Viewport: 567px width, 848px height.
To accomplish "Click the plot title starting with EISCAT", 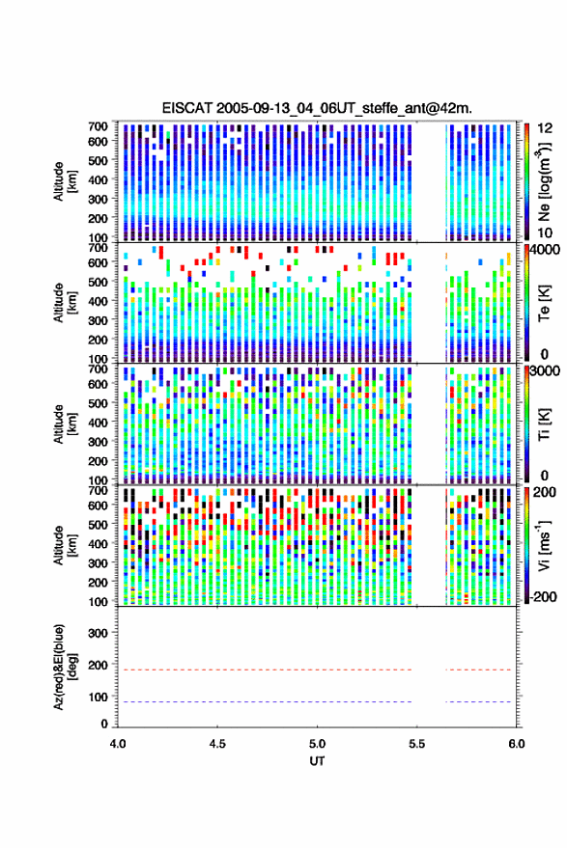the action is (317, 108).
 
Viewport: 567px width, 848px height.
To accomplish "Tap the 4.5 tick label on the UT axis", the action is (217, 744).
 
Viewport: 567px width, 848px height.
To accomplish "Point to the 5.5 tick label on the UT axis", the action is (417, 744).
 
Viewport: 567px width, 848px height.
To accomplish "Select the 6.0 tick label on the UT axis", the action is (517, 744).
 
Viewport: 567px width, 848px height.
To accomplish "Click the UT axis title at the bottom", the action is (317, 761).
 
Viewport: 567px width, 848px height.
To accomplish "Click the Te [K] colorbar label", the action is (544, 303).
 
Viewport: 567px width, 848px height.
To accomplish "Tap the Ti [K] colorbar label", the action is (544, 424).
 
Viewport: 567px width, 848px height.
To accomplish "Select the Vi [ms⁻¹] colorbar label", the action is (544, 545).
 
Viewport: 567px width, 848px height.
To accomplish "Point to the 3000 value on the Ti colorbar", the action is (544, 370).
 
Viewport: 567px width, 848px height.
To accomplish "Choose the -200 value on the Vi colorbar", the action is (542, 596).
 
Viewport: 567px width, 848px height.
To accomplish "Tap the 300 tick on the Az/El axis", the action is (98, 633).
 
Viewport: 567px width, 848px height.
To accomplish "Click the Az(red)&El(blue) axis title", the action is (66, 667).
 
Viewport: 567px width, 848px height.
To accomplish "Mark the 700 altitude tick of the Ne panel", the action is (98, 126).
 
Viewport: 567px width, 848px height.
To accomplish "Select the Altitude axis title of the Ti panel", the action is (66, 424).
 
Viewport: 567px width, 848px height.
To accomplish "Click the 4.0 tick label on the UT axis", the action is (118, 744).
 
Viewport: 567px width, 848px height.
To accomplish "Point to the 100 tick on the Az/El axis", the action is (98, 698).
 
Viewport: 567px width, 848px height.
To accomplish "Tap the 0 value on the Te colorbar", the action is (544, 354).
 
